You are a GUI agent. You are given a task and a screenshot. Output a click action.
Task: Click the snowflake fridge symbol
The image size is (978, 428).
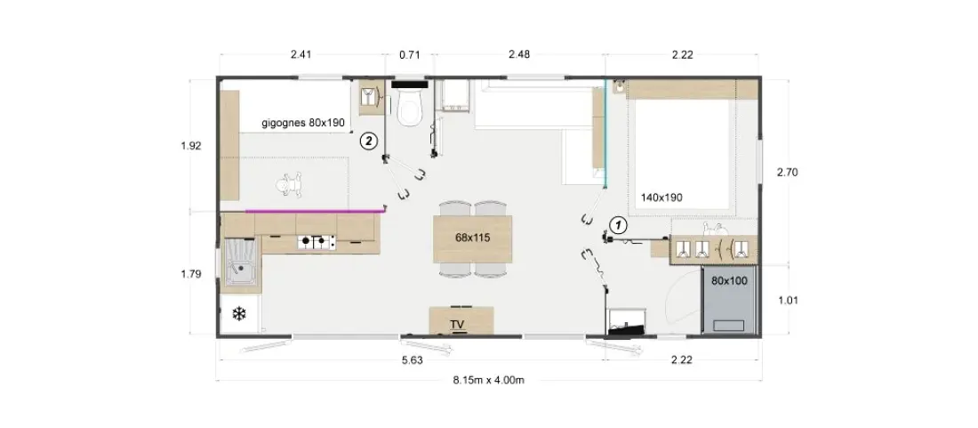(239, 314)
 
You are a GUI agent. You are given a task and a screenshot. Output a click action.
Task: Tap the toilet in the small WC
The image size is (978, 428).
(409, 106)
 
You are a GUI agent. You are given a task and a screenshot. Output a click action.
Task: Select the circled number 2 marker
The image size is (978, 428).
(369, 141)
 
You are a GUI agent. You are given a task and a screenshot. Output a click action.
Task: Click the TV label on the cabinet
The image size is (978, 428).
(461, 325)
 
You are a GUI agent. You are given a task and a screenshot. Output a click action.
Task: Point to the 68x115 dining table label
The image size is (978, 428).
(473, 238)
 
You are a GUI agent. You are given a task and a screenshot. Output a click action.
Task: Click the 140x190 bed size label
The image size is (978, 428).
(661, 198)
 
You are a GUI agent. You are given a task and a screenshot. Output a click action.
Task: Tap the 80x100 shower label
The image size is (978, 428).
(729, 281)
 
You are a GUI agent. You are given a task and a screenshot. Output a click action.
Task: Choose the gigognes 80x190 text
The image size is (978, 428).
(303, 123)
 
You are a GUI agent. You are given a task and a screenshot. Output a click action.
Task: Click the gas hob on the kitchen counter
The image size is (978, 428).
(316, 240)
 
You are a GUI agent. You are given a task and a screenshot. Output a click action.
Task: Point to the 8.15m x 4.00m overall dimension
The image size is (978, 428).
(488, 381)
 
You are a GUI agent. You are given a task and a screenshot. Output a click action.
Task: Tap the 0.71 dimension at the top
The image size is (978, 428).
(409, 55)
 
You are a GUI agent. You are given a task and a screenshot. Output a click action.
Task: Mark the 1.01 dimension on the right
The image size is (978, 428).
(789, 300)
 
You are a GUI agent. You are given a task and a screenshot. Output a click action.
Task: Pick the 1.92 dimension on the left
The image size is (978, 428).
(190, 146)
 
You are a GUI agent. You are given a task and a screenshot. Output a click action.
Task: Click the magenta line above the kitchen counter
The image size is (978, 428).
(315, 211)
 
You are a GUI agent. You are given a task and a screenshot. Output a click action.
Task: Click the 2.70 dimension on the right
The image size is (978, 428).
(789, 172)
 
